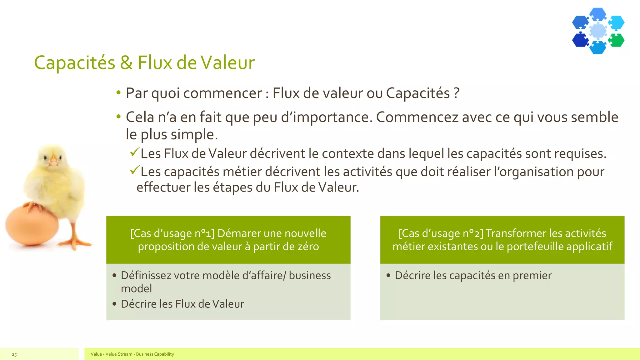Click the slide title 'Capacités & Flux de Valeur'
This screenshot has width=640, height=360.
click(x=144, y=62)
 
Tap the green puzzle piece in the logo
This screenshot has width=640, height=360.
click(x=616, y=40)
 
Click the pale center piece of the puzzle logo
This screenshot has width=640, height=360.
click(x=598, y=31)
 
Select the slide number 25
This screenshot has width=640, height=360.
click(x=14, y=354)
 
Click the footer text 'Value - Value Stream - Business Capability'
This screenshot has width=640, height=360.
click(x=132, y=354)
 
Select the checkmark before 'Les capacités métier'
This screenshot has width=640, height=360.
click(x=134, y=170)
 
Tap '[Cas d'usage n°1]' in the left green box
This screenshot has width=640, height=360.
click(x=172, y=233)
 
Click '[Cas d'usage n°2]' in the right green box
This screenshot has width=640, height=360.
click(x=441, y=233)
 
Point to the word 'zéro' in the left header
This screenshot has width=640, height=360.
click(x=308, y=247)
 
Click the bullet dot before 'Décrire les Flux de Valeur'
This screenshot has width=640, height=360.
click(x=114, y=304)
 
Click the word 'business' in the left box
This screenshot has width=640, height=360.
click(x=310, y=276)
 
